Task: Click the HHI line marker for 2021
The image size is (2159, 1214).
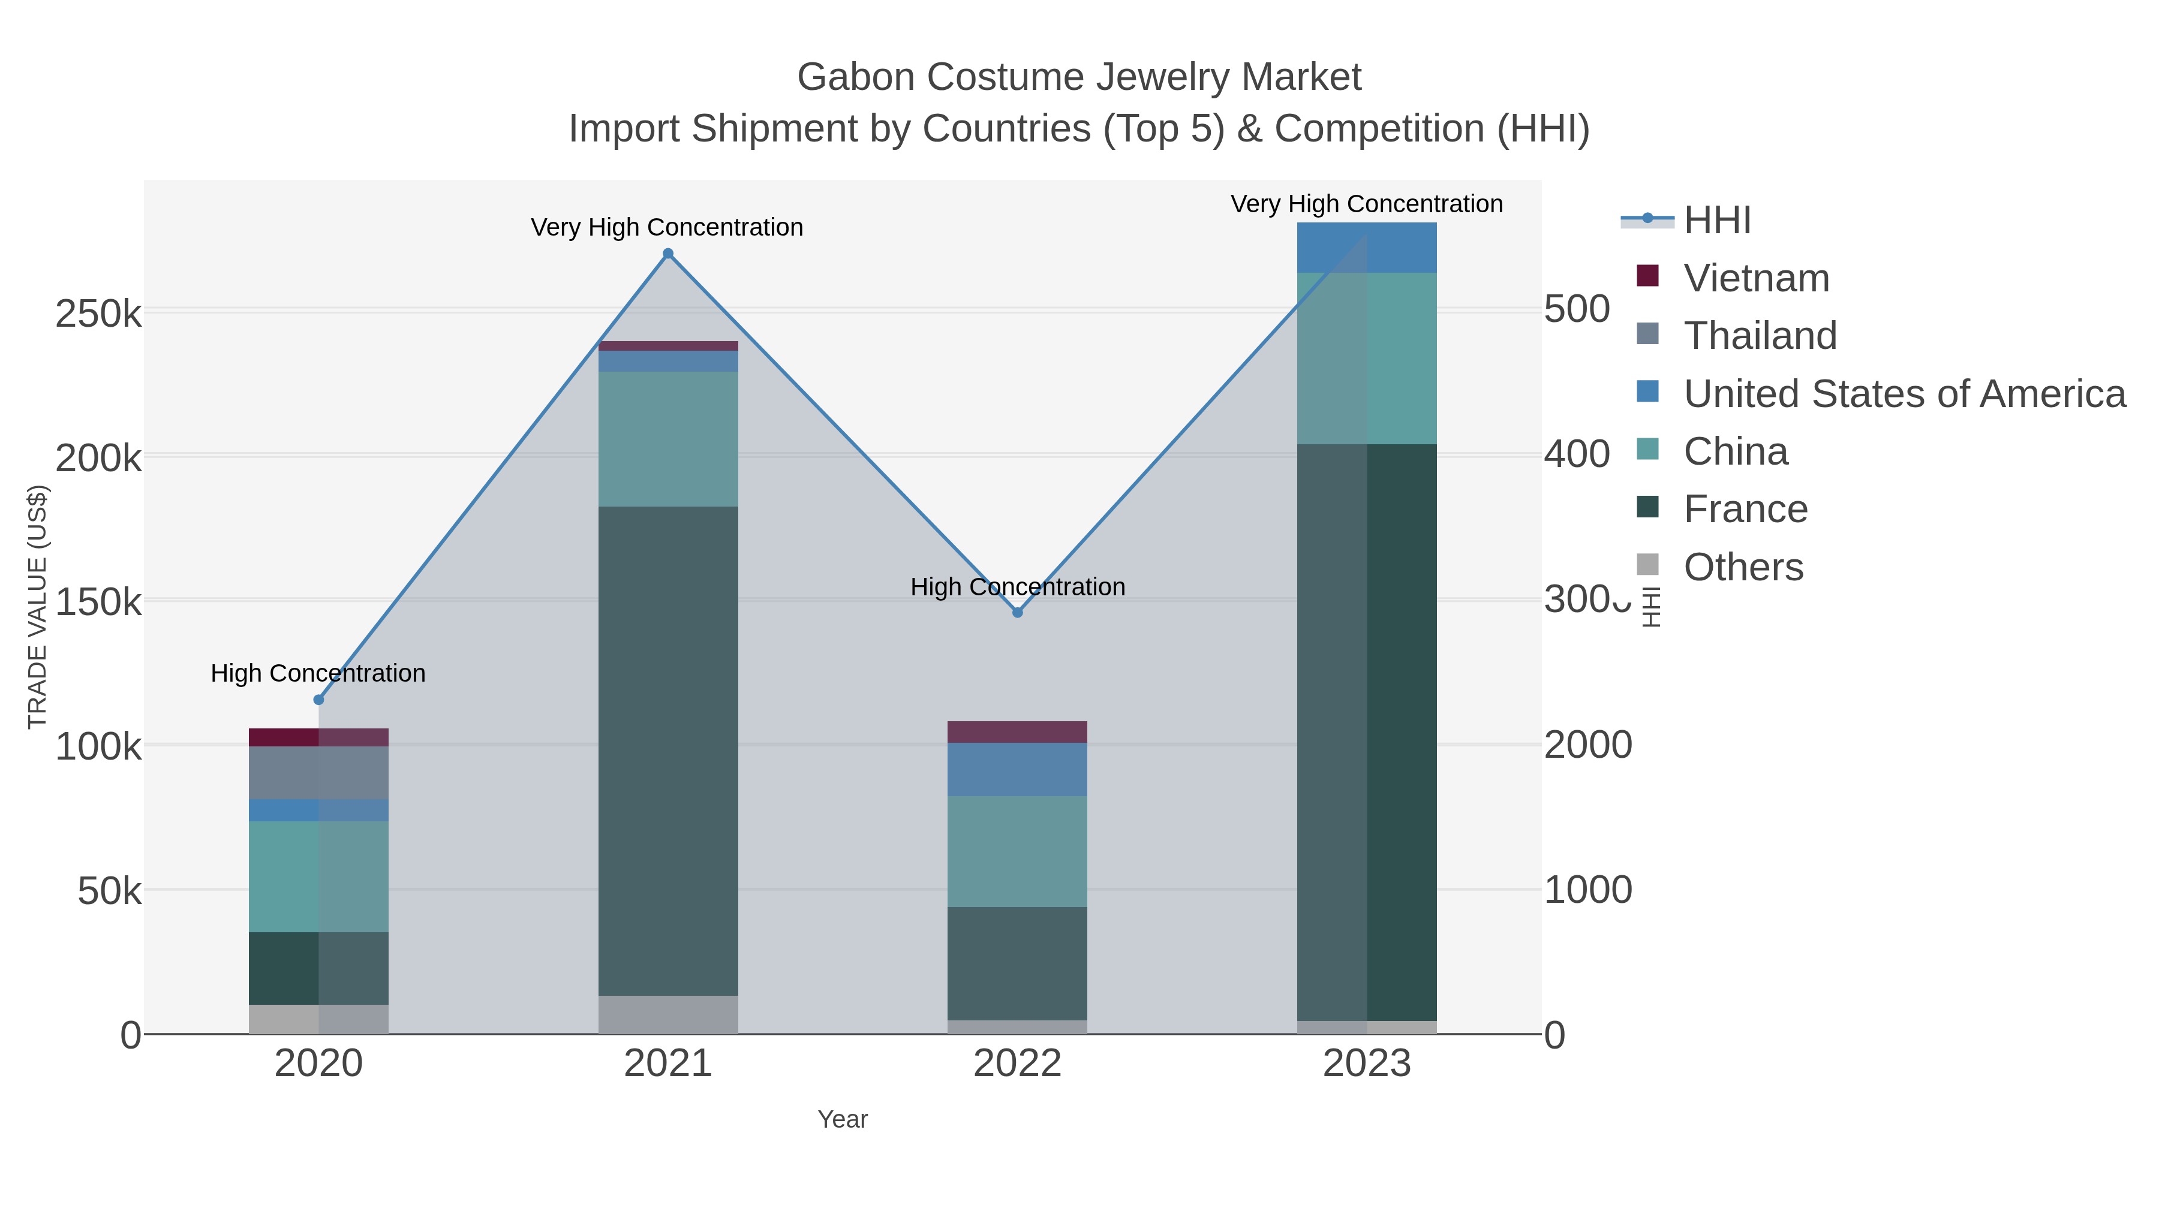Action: [x=668, y=254]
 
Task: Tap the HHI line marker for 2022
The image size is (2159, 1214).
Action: [x=1018, y=613]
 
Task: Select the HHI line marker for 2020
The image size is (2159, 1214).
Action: [x=318, y=700]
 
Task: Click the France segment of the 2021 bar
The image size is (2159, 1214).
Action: [x=668, y=750]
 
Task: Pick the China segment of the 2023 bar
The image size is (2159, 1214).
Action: [x=1367, y=358]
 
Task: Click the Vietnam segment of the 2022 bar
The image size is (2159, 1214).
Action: [x=1018, y=731]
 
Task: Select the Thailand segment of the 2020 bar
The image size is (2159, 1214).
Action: [x=318, y=773]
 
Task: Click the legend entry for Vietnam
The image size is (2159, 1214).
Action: [x=1756, y=278]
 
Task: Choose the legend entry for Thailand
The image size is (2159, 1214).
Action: [x=1760, y=336]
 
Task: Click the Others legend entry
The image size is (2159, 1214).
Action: [x=1743, y=567]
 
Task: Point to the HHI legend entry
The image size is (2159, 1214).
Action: [x=1716, y=221]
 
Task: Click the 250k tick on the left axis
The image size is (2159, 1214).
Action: [x=98, y=314]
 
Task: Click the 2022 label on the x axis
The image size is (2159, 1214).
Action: [x=1018, y=1064]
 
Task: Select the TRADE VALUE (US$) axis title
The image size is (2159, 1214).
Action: [x=38, y=607]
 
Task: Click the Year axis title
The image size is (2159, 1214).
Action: [x=843, y=1119]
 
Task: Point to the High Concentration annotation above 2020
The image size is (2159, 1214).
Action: [x=318, y=674]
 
